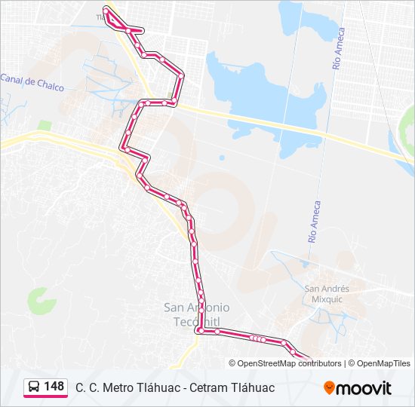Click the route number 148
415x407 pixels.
pyautogui.click(x=54, y=386)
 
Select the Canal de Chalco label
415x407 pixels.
pyautogui.click(x=32, y=79)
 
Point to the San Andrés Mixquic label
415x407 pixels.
pyautogui.click(x=327, y=292)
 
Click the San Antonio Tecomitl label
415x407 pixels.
pyautogui.click(x=197, y=314)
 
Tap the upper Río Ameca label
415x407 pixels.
pyautogui.click(x=339, y=50)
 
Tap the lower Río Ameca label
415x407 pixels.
pyautogui.click(x=314, y=221)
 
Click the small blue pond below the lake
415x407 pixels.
pyautogui.click(x=222, y=158)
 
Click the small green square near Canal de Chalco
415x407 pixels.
pyautogui.click(x=45, y=125)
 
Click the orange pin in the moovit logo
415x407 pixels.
pyautogui.click(x=329, y=388)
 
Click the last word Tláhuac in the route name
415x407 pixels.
pyautogui.click(x=254, y=387)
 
